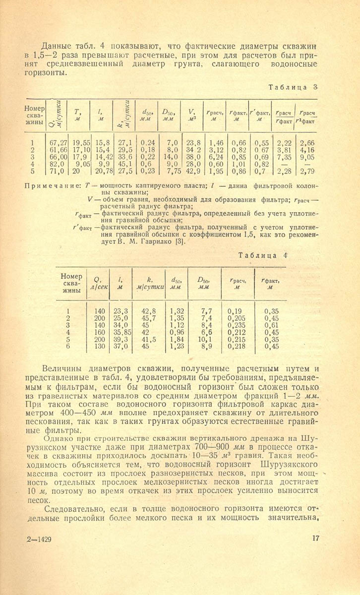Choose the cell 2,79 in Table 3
click(x=308, y=171)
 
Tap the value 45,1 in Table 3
click(x=126, y=164)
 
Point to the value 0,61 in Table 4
click(x=271, y=325)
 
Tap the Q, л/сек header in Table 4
click(x=98, y=283)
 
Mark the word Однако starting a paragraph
click(x=58, y=438)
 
